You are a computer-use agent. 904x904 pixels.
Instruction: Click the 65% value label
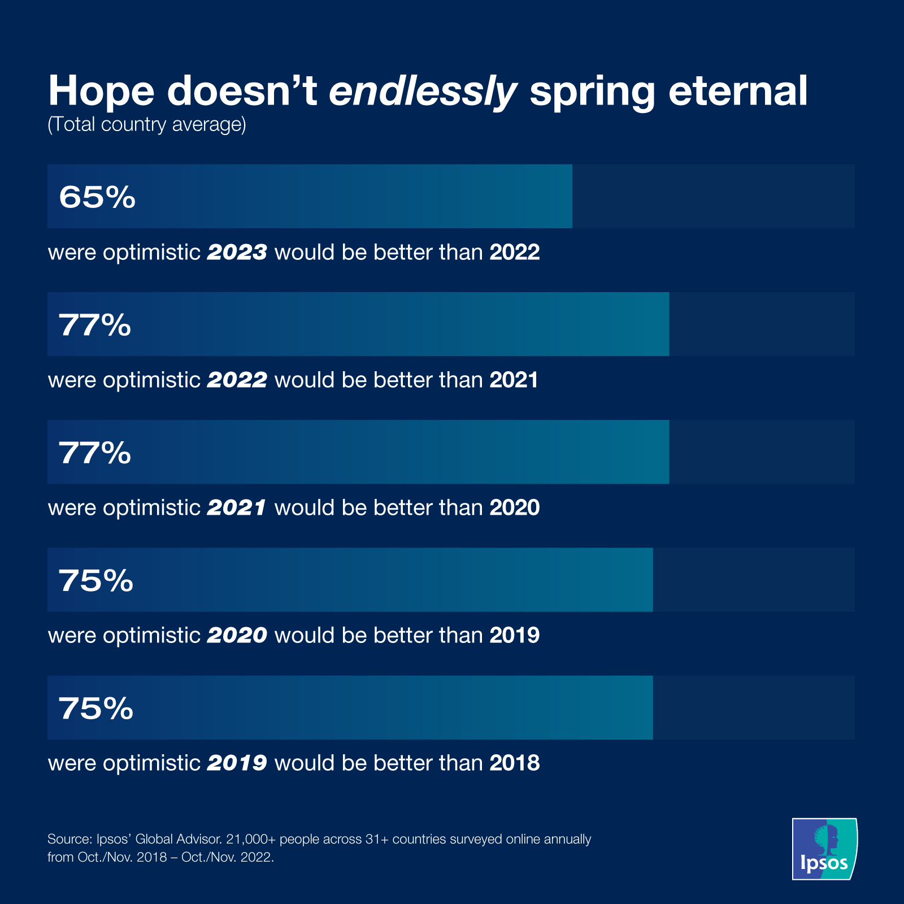click(97, 197)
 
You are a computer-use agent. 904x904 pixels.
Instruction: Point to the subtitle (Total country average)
click(147, 124)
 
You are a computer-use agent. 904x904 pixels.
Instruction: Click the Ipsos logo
click(824, 849)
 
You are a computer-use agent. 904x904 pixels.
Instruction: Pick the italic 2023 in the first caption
click(237, 252)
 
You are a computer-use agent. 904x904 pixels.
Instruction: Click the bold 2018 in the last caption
click(514, 763)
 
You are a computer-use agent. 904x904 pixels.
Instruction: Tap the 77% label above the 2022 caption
click(95, 325)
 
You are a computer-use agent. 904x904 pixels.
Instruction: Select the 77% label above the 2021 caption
click(95, 453)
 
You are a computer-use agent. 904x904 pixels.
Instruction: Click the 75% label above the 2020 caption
click(96, 580)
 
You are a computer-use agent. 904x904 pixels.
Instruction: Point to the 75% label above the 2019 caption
click(96, 708)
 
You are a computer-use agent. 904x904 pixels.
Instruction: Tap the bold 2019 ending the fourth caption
click(514, 636)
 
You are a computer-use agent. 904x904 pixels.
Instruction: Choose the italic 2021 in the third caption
click(237, 508)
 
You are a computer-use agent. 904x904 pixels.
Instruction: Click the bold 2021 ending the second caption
click(514, 380)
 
